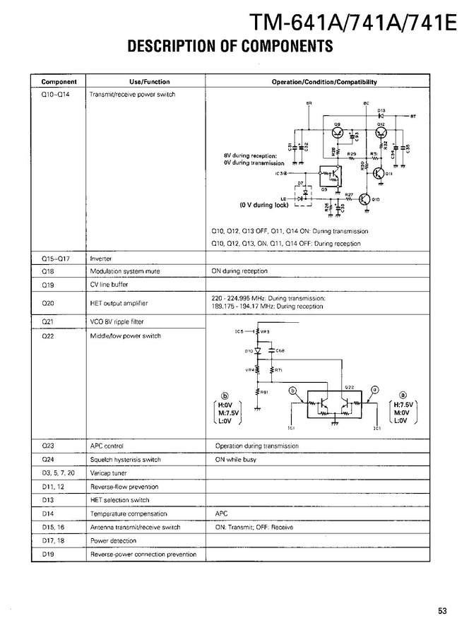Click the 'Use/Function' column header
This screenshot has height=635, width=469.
pyautogui.click(x=150, y=82)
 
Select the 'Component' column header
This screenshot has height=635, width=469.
pyautogui.click(x=59, y=82)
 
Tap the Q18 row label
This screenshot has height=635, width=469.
pyautogui.click(x=48, y=271)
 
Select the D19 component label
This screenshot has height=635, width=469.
pyautogui.click(x=48, y=554)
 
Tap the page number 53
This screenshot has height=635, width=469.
pyautogui.click(x=442, y=612)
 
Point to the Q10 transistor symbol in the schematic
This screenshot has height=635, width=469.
pyautogui.click(x=366, y=199)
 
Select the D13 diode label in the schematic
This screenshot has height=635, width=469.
pyautogui.click(x=381, y=110)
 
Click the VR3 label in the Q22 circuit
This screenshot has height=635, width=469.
pyautogui.click(x=264, y=331)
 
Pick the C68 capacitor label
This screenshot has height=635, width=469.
pyautogui.click(x=280, y=350)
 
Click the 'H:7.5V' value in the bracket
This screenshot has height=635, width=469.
pyautogui.click(x=403, y=405)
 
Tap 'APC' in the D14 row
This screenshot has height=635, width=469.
pyautogui.click(x=220, y=514)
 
